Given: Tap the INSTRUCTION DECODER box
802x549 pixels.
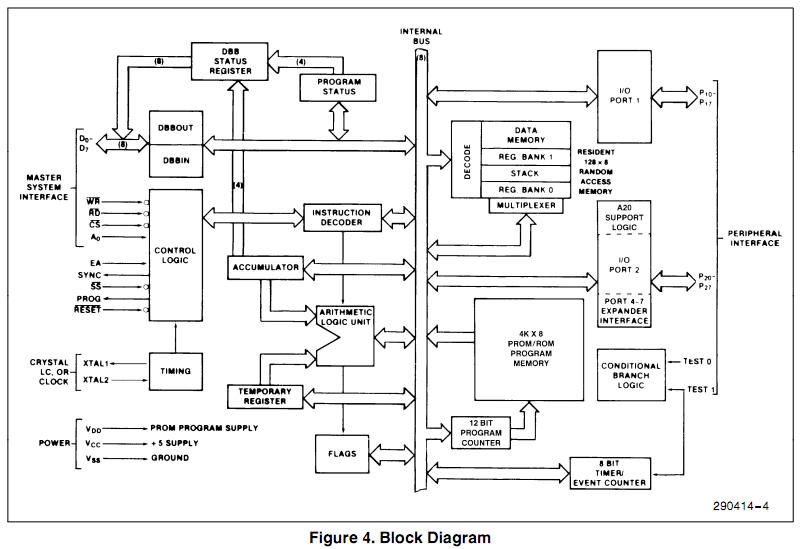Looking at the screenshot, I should pos(342,218).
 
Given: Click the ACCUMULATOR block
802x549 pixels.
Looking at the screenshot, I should pos(265,268).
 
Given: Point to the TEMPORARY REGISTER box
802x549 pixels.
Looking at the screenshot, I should pos(265,395).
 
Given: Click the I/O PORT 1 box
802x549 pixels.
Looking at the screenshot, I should pos(623,96).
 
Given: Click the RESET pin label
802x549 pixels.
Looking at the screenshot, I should pos(89,311).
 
